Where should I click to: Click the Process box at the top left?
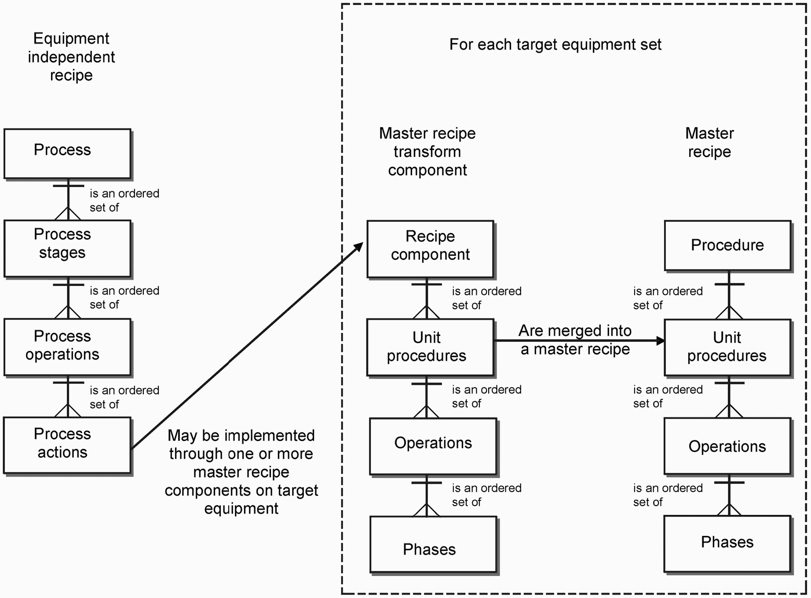(x=67, y=153)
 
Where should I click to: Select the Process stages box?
(x=67, y=248)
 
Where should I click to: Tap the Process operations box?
(x=67, y=347)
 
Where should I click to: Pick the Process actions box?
(x=67, y=445)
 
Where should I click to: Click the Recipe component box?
(x=430, y=249)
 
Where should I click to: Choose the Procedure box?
(x=727, y=245)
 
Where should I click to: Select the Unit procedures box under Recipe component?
(x=430, y=347)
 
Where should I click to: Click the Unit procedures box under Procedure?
(x=727, y=347)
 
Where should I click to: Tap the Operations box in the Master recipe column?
(x=727, y=446)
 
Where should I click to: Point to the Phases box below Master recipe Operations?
(x=727, y=543)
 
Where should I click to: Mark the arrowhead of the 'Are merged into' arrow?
(x=660, y=340)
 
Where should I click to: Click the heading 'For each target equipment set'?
(x=555, y=44)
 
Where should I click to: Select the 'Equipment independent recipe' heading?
(x=71, y=57)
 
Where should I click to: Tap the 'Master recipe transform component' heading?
(x=427, y=152)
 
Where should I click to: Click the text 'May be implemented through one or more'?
(x=241, y=445)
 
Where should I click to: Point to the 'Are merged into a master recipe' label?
(x=575, y=340)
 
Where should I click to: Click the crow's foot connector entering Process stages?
(x=68, y=214)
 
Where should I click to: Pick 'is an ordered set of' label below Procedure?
(x=668, y=298)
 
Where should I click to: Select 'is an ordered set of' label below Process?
(x=124, y=201)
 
